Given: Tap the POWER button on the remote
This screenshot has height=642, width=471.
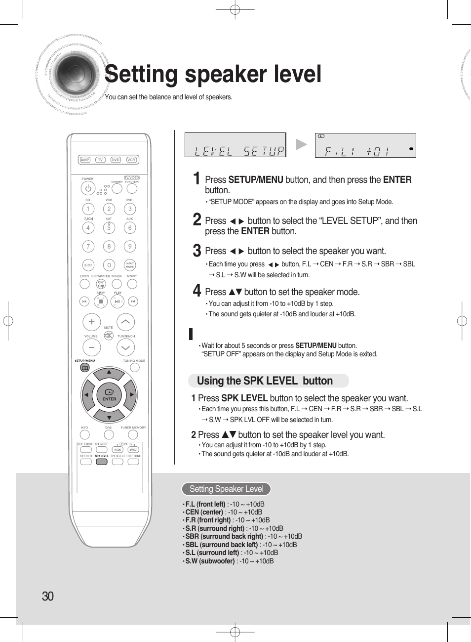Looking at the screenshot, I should tap(88, 188).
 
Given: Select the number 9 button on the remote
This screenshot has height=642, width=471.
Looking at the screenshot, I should tap(130, 246).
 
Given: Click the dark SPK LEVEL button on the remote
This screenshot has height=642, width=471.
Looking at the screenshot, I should tap(102, 462).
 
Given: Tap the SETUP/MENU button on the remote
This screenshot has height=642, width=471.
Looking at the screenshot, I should tap(85, 368).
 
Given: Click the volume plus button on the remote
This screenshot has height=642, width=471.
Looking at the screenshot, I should tap(91, 322).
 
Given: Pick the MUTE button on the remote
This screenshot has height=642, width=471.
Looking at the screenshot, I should tap(109, 336).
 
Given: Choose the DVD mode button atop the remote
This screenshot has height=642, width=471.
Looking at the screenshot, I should tap(116, 160).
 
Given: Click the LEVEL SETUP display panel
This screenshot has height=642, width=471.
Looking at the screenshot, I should tap(235, 145).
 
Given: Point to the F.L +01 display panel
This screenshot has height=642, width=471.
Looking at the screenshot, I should tap(365, 145).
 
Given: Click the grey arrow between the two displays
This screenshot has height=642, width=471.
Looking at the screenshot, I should tap(301, 144).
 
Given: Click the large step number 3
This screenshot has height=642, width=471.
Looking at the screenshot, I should tap(196, 251).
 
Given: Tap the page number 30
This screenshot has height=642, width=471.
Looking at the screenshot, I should tap(48, 596).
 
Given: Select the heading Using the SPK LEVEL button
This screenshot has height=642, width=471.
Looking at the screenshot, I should tap(265, 381).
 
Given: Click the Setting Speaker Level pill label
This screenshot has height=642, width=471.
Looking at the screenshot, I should tap(226, 489).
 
